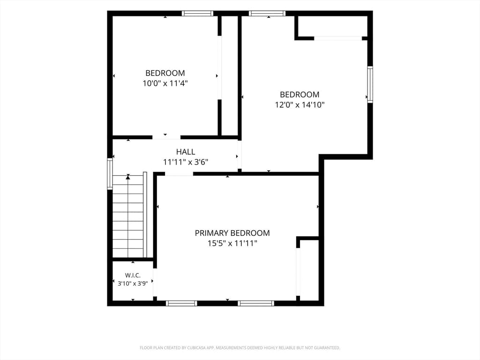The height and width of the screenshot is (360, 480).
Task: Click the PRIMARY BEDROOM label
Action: pos(232,233)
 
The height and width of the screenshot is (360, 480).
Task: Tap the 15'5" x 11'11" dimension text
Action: pos(232,243)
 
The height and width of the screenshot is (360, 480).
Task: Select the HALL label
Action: pos(186,151)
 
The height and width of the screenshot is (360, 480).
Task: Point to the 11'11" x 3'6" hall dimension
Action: pos(186,162)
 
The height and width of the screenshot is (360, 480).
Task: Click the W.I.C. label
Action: pos(133,275)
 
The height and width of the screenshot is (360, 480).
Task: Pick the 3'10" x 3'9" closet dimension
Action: pos(133,284)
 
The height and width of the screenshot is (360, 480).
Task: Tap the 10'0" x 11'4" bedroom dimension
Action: pos(165,83)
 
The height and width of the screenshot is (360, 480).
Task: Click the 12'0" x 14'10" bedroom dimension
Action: pos(300,105)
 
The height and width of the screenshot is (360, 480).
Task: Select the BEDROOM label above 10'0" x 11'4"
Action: pos(165,73)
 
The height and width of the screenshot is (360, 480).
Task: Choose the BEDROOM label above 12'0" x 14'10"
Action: pos(300,94)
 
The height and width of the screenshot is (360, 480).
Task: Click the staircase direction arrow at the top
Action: pos(128,177)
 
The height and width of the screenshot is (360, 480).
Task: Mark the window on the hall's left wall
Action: pos(110,173)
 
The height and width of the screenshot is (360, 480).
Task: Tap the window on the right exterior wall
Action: pos(370,84)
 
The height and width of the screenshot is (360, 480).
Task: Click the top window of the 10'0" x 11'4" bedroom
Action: pos(197,14)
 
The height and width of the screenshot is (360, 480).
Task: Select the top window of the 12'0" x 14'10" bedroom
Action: pos(267,14)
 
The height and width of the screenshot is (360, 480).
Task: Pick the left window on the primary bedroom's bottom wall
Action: pos(181,303)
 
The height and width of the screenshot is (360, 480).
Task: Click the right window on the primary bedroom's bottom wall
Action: pos(256,303)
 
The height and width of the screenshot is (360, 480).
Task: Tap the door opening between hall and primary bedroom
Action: pos(179,174)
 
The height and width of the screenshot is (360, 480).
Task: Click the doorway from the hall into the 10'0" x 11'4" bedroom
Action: pos(166,137)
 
